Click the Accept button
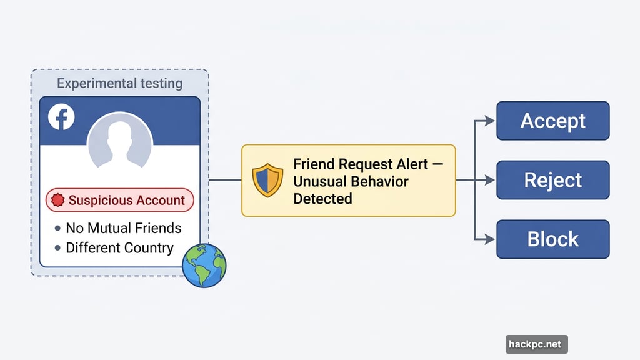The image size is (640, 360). pyautogui.click(x=552, y=121)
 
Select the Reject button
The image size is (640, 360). pyautogui.click(x=552, y=180)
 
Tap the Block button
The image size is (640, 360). pyautogui.click(x=552, y=239)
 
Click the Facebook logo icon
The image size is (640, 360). pyautogui.click(x=62, y=117)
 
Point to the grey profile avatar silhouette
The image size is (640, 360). pyautogui.click(x=119, y=142)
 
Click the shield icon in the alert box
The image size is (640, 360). pyautogui.click(x=267, y=181)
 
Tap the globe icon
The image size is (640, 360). pyautogui.click(x=204, y=266)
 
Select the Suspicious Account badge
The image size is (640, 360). pyautogui.click(x=119, y=201)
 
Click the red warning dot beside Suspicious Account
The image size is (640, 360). pyautogui.click(x=58, y=201)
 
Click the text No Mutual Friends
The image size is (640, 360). pyautogui.click(x=123, y=228)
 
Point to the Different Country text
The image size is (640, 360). pyautogui.click(x=119, y=247)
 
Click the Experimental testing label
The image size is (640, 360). pyautogui.click(x=119, y=83)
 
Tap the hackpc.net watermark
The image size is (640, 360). pyautogui.click(x=536, y=344)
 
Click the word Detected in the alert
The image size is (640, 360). pyautogui.click(x=322, y=199)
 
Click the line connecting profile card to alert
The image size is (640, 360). pyautogui.click(x=225, y=180)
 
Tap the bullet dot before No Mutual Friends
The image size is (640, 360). pyautogui.click(x=58, y=229)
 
